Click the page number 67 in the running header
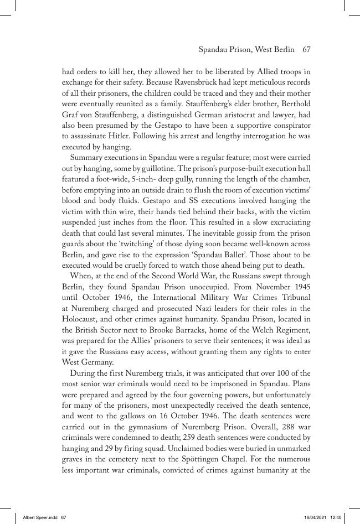pyautogui.click(x=306, y=50)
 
